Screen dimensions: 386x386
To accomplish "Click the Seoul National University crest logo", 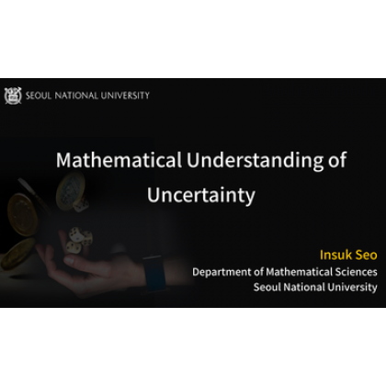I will pos(12,95).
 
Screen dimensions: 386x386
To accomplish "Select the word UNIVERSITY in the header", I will pos(124,96).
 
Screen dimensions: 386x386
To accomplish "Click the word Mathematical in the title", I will pos(105,160).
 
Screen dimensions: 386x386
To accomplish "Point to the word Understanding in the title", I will pos(241,160).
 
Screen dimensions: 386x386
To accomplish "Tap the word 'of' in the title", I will pos(335,160).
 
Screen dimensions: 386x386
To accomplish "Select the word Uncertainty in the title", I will pos(200,195).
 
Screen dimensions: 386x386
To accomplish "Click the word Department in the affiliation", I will pos(224,271).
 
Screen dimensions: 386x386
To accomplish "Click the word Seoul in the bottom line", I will pos(269,287).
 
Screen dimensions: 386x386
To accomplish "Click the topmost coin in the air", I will pos(65,184).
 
